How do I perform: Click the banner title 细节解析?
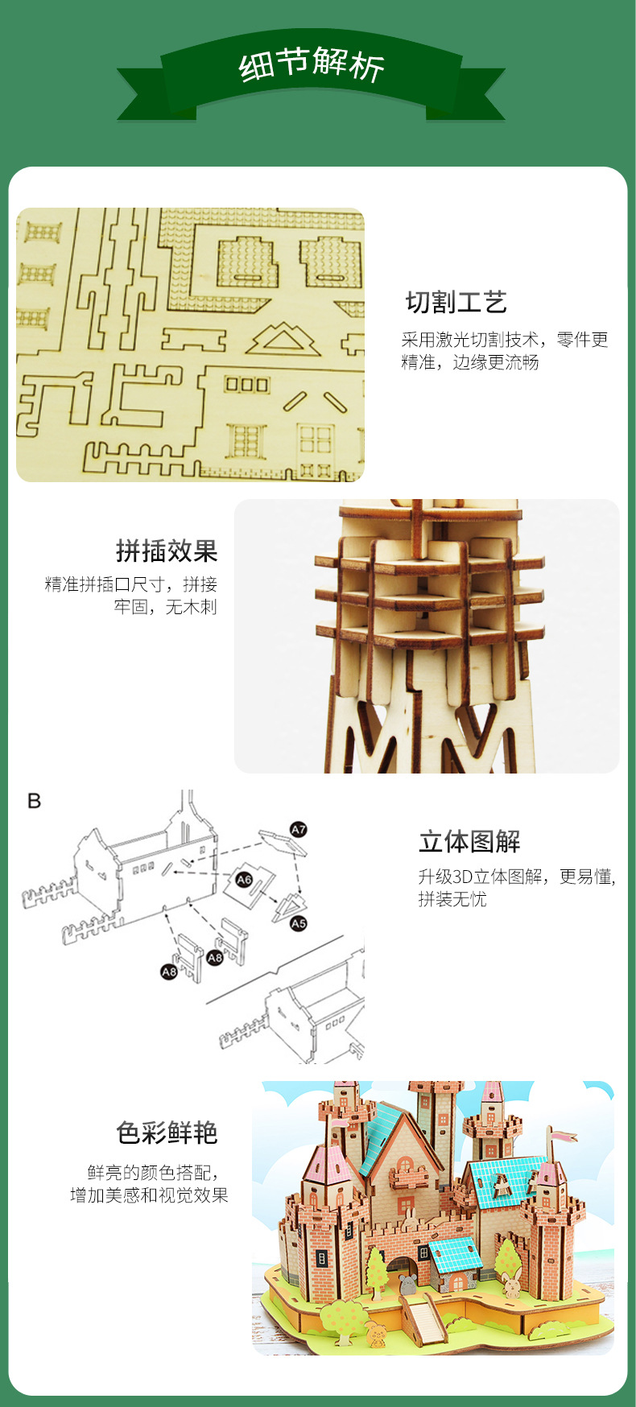click(312, 64)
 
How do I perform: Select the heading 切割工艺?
click(456, 302)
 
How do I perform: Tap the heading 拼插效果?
click(167, 551)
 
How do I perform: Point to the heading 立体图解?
click(469, 842)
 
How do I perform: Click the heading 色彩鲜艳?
click(167, 1133)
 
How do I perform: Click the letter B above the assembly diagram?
click(34, 801)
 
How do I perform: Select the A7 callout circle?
click(299, 829)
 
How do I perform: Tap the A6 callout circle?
click(244, 880)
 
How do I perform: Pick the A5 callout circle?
click(299, 923)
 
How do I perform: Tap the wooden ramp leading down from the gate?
click(423, 1322)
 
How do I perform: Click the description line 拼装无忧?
click(452, 899)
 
